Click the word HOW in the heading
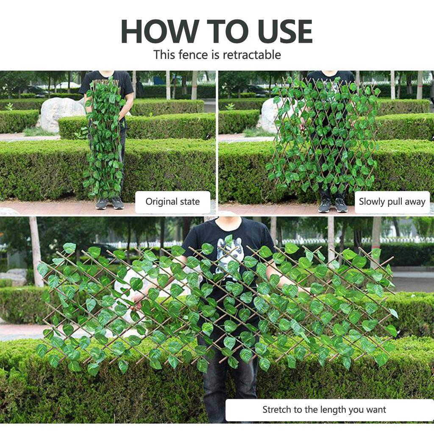coord(160,31)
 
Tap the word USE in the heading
coord(285,31)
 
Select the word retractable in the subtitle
coord(252,55)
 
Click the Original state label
coord(173,201)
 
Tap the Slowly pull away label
coord(392,201)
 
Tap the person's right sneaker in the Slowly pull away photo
coord(324,206)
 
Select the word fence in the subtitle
coord(193,55)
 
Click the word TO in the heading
coord(228,31)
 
